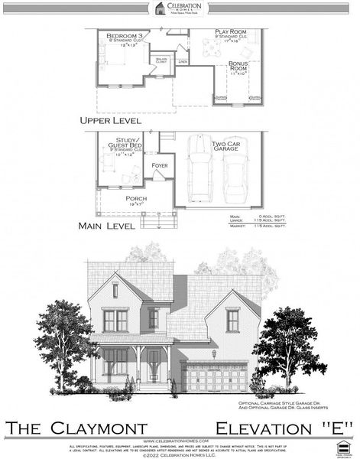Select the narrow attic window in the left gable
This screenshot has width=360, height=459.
[115, 291]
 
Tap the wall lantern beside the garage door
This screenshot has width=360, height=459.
[214, 353]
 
